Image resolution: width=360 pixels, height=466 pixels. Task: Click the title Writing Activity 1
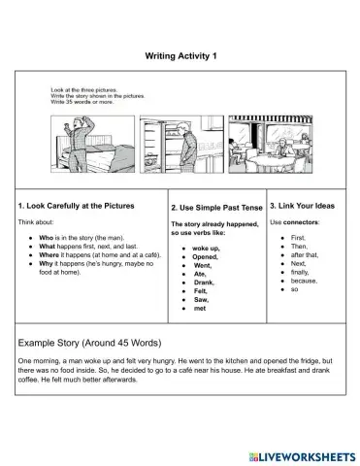click(180, 54)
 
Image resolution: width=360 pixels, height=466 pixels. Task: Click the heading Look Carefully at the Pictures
click(89, 206)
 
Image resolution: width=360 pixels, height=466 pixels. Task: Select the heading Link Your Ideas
click(303, 206)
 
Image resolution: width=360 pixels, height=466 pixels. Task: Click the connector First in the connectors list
click(297, 237)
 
